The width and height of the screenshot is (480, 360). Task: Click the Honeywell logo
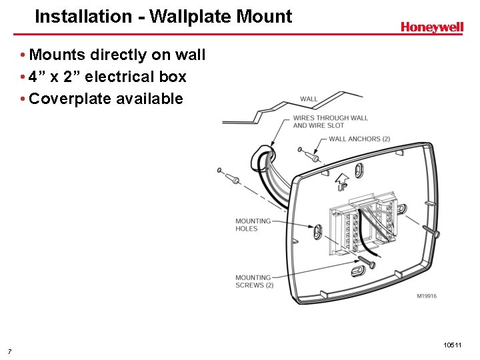431,27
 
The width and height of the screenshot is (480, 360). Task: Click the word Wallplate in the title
188,16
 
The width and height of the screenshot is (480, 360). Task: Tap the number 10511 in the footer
452,345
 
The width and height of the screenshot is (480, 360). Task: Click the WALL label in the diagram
309,99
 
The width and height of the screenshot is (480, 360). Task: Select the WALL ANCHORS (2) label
359,139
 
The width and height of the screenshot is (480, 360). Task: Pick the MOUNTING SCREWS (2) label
254,281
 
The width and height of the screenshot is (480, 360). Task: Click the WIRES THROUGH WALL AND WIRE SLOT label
330,121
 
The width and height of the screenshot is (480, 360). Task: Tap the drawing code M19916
427,296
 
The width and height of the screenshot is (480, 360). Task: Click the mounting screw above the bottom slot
367,259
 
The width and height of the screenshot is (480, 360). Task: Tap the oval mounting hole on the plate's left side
319,231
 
